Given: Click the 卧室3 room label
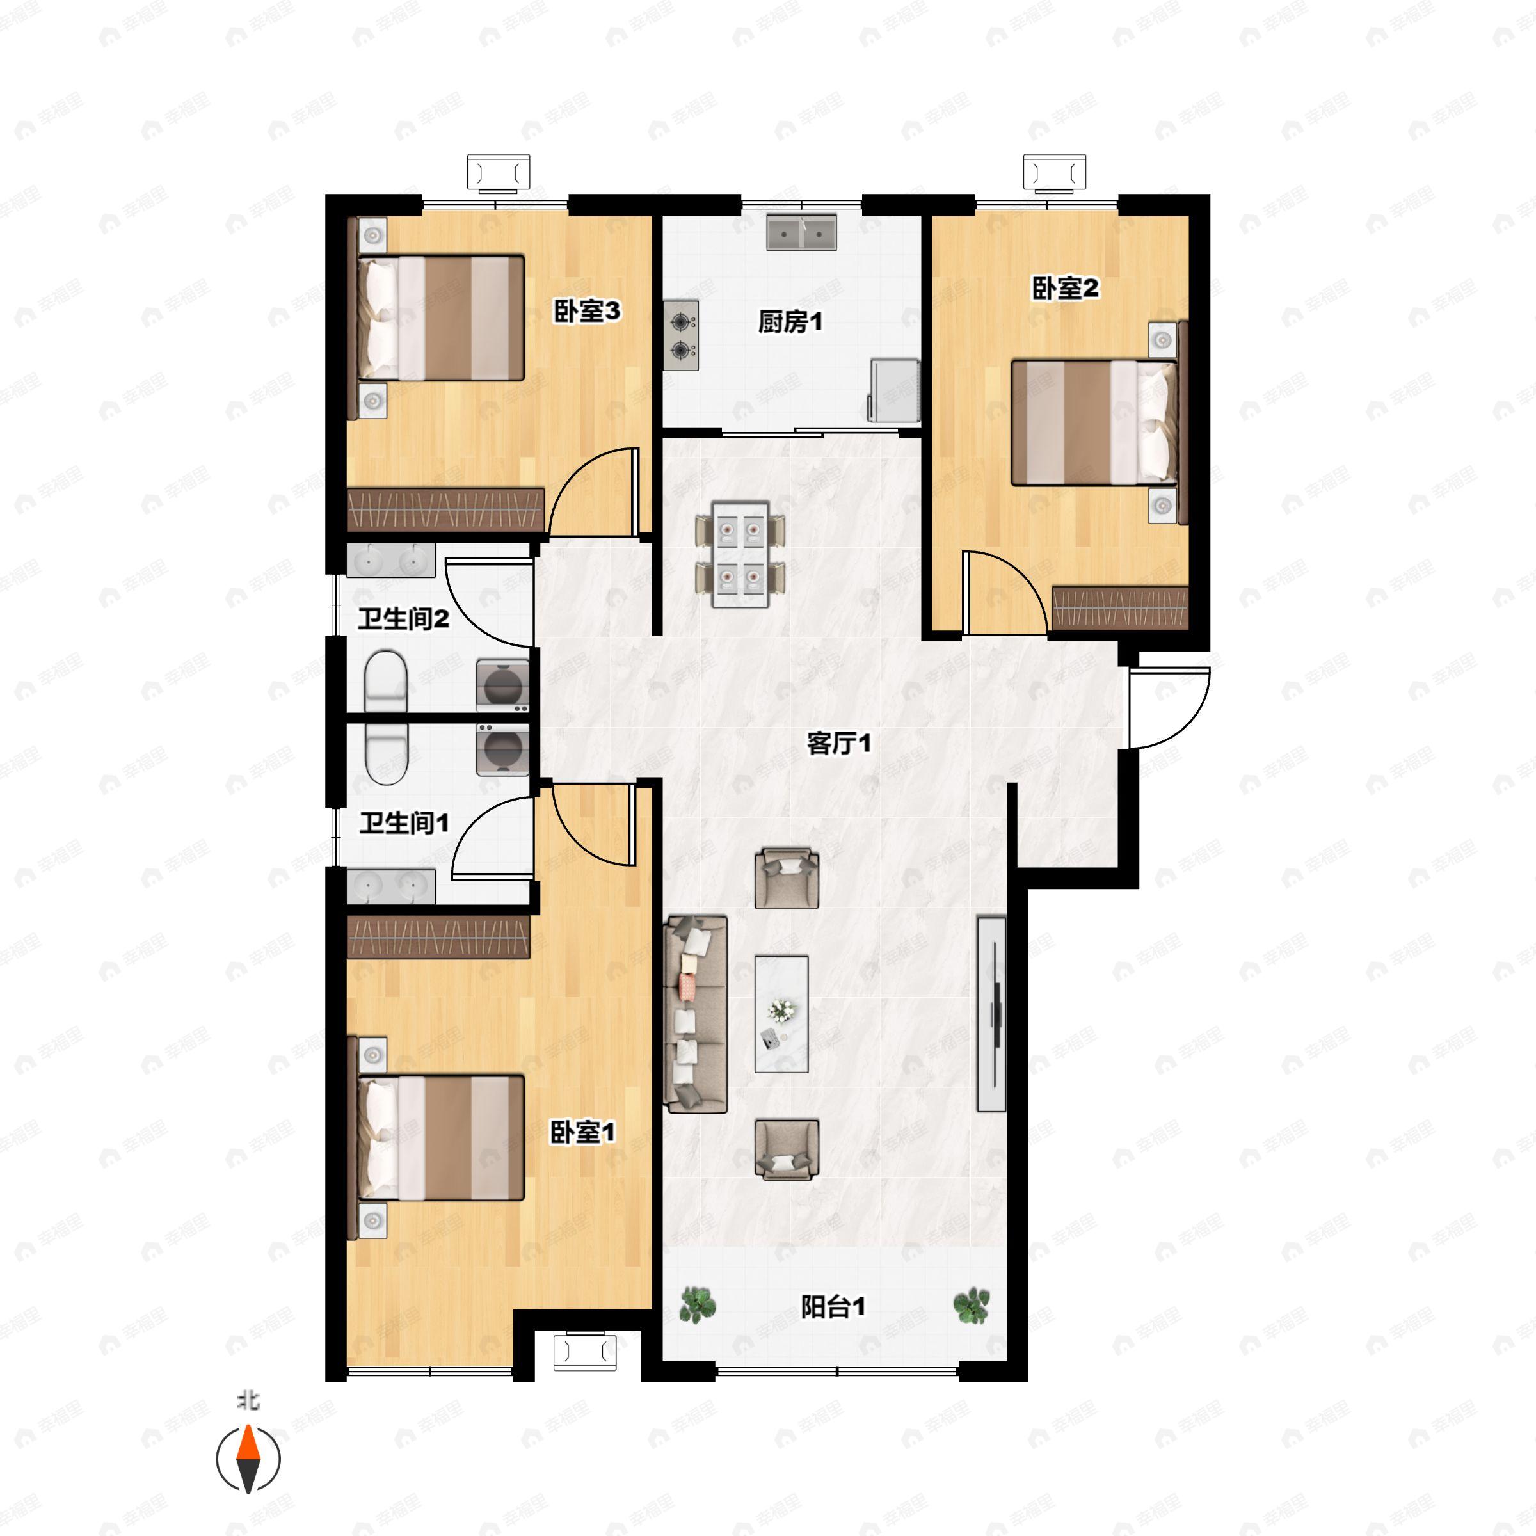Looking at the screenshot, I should point(587,311).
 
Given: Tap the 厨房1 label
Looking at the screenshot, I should point(790,322).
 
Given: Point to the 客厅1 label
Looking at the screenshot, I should point(839,743).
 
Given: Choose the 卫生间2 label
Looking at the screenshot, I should point(403,618).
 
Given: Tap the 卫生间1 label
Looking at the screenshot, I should point(404,822).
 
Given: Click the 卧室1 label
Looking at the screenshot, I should point(583,1132).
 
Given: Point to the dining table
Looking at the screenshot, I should point(741,554).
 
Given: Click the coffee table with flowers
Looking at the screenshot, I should point(781,1014).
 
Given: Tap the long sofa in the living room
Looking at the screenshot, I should point(696,1014).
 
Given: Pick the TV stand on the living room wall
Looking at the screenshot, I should point(991,1014).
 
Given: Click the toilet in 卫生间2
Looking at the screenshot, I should point(385,680).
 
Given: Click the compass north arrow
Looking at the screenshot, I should point(249,1460).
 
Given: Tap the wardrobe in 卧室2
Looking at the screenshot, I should point(1119,608).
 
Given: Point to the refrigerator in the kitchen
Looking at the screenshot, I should point(895,390).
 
